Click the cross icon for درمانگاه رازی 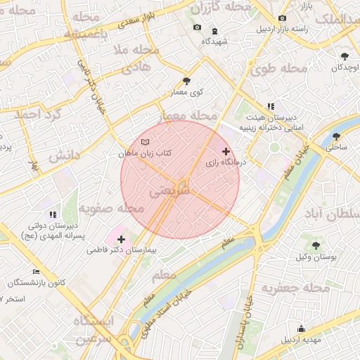(226, 151)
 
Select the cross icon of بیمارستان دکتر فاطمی (122, 239)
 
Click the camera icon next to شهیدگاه (197, 28)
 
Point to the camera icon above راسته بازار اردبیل (283, 18)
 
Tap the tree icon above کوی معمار (186, 81)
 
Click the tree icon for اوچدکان (344, 56)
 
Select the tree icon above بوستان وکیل (314, 245)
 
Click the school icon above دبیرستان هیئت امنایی (270, 106)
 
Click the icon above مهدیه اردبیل (302, 328)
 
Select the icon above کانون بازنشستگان (37, 272)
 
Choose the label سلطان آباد (325, 212)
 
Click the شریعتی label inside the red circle (169, 190)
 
